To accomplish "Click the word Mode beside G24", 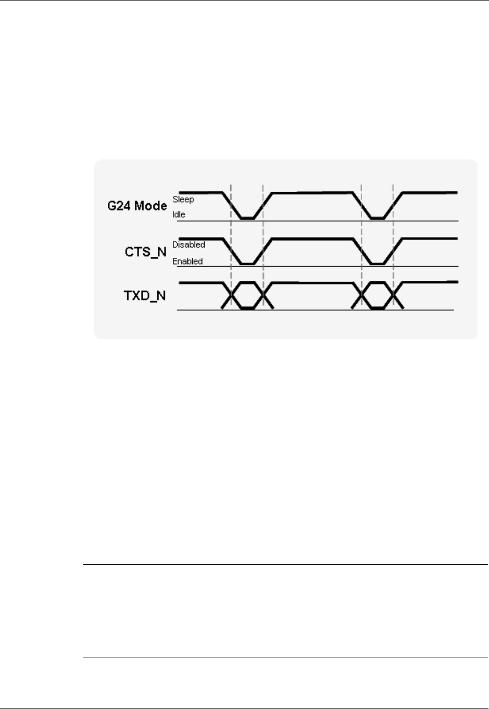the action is tap(151, 206).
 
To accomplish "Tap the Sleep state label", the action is tap(183, 200).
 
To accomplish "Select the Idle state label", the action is tap(179, 215).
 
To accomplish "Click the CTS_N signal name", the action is tap(146, 252).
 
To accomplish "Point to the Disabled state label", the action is tap(189, 245).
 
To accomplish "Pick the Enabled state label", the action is tap(187, 262).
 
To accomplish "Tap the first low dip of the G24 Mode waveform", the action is tap(247, 218).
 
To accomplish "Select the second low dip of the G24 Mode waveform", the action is tap(377, 218).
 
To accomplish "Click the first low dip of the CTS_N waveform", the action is tap(247, 264).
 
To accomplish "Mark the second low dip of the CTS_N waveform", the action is tap(377, 264).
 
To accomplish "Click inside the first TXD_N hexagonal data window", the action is tap(247, 295).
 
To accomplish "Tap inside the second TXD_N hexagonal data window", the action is tap(377, 295).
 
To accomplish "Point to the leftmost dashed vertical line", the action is tap(231, 229).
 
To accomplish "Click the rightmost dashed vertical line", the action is tap(393, 229).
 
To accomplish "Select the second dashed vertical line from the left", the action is tap(263, 229).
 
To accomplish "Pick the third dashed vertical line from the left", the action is tap(361, 229).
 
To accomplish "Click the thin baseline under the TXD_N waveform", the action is tap(312, 310).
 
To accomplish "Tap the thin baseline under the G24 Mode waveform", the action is tap(312, 221).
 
